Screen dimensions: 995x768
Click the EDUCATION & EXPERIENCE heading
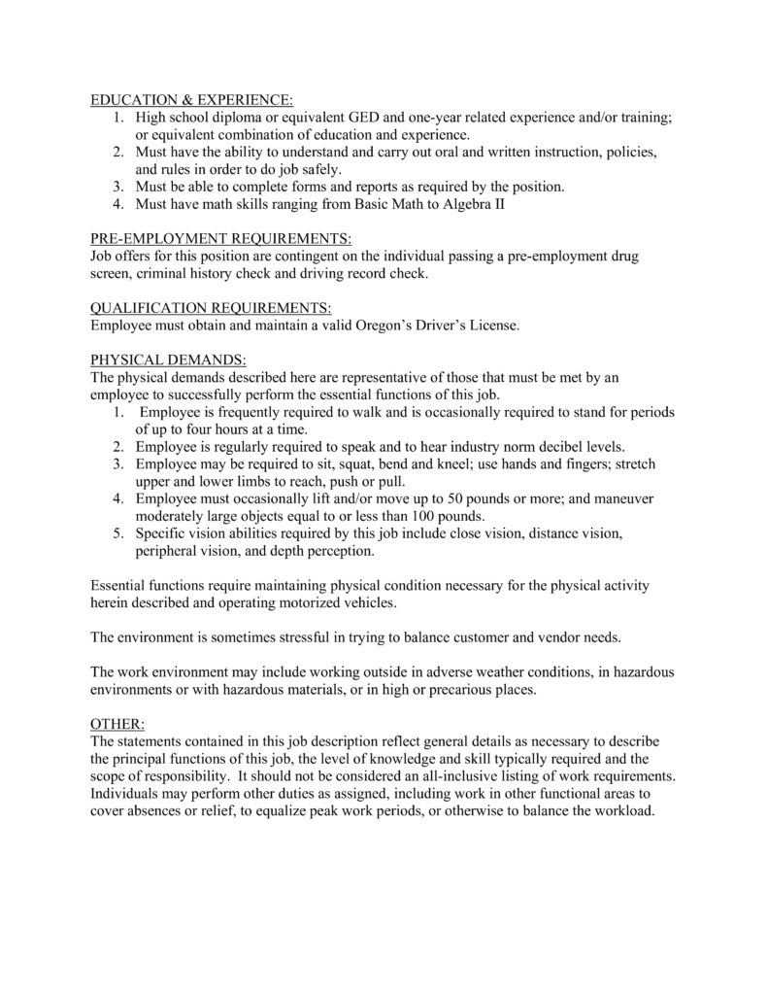(x=190, y=100)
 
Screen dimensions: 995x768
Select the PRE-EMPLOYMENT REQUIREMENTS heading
(x=221, y=238)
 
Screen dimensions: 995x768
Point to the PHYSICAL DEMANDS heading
(x=169, y=360)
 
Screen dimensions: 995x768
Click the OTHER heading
(x=117, y=723)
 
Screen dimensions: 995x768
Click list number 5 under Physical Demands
(x=115, y=533)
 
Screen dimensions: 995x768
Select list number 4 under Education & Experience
(x=115, y=204)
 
